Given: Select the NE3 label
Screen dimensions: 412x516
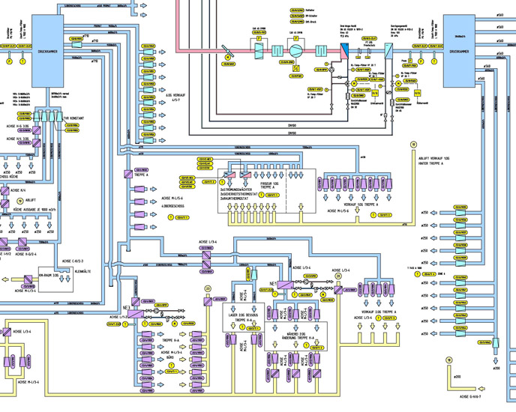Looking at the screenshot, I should click(x=127, y=308).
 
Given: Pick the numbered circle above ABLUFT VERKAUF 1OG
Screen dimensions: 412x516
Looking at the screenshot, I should click(x=412, y=144).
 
